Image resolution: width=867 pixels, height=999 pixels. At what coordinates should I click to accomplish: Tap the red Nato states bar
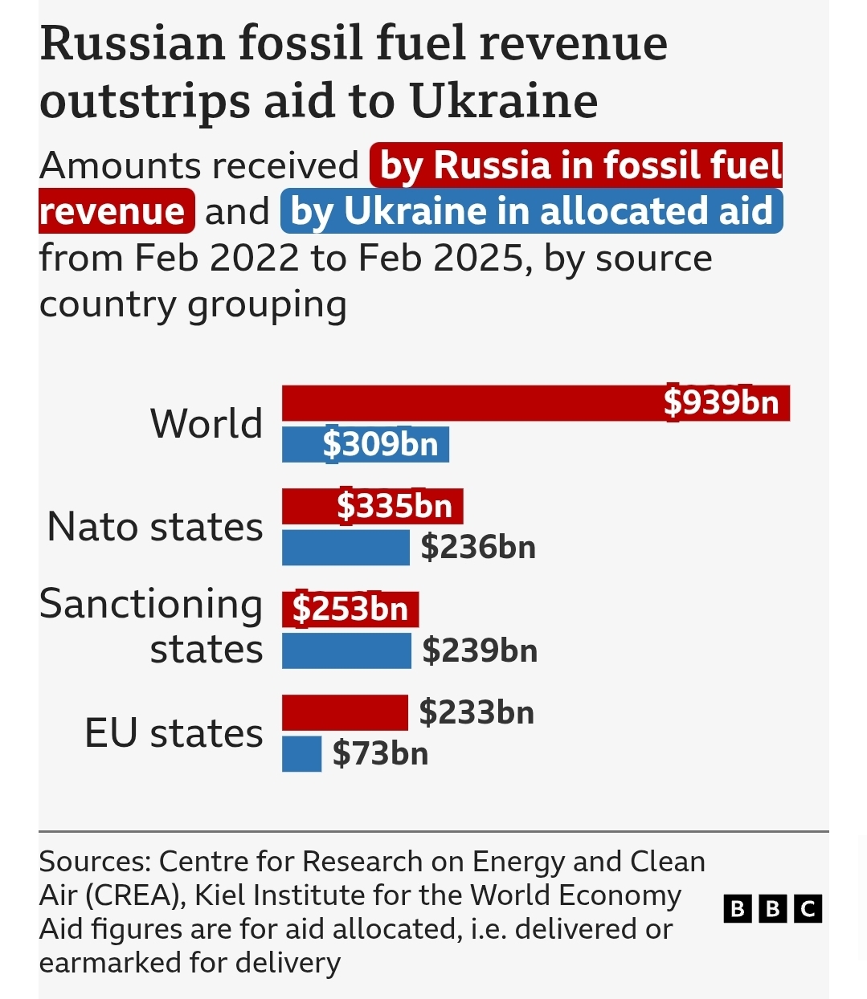[x=309, y=506]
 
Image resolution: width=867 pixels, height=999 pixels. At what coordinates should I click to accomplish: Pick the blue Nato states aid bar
[x=346, y=548]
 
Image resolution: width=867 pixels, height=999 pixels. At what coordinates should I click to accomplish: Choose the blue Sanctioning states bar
[x=346, y=650]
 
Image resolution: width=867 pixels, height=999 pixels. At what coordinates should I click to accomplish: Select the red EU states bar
[x=345, y=712]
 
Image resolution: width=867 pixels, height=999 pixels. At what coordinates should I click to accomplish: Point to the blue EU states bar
[x=301, y=754]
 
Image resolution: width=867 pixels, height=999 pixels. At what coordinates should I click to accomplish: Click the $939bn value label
[x=722, y=402]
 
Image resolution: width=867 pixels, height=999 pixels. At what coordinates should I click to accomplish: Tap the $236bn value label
[x=478, y=548]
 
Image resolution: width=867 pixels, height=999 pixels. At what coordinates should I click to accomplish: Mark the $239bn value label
[x=480, y=650]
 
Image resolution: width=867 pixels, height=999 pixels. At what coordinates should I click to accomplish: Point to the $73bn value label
[x=380, y=754]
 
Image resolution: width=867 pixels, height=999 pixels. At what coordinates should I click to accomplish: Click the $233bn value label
[x=476, y=712]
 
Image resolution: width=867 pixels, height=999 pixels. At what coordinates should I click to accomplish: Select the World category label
[x=207, y=423]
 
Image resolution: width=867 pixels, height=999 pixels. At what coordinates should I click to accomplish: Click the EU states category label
[x=174, y=733]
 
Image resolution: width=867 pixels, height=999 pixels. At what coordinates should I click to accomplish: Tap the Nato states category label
[x=155, y=527]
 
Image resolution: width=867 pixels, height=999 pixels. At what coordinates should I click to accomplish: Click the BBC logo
[x=772, y=908]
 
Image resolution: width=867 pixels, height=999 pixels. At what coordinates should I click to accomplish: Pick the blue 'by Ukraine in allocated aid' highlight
[x=531, y=211]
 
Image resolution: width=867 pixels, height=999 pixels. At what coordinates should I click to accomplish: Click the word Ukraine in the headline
[x=504, y=101]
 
